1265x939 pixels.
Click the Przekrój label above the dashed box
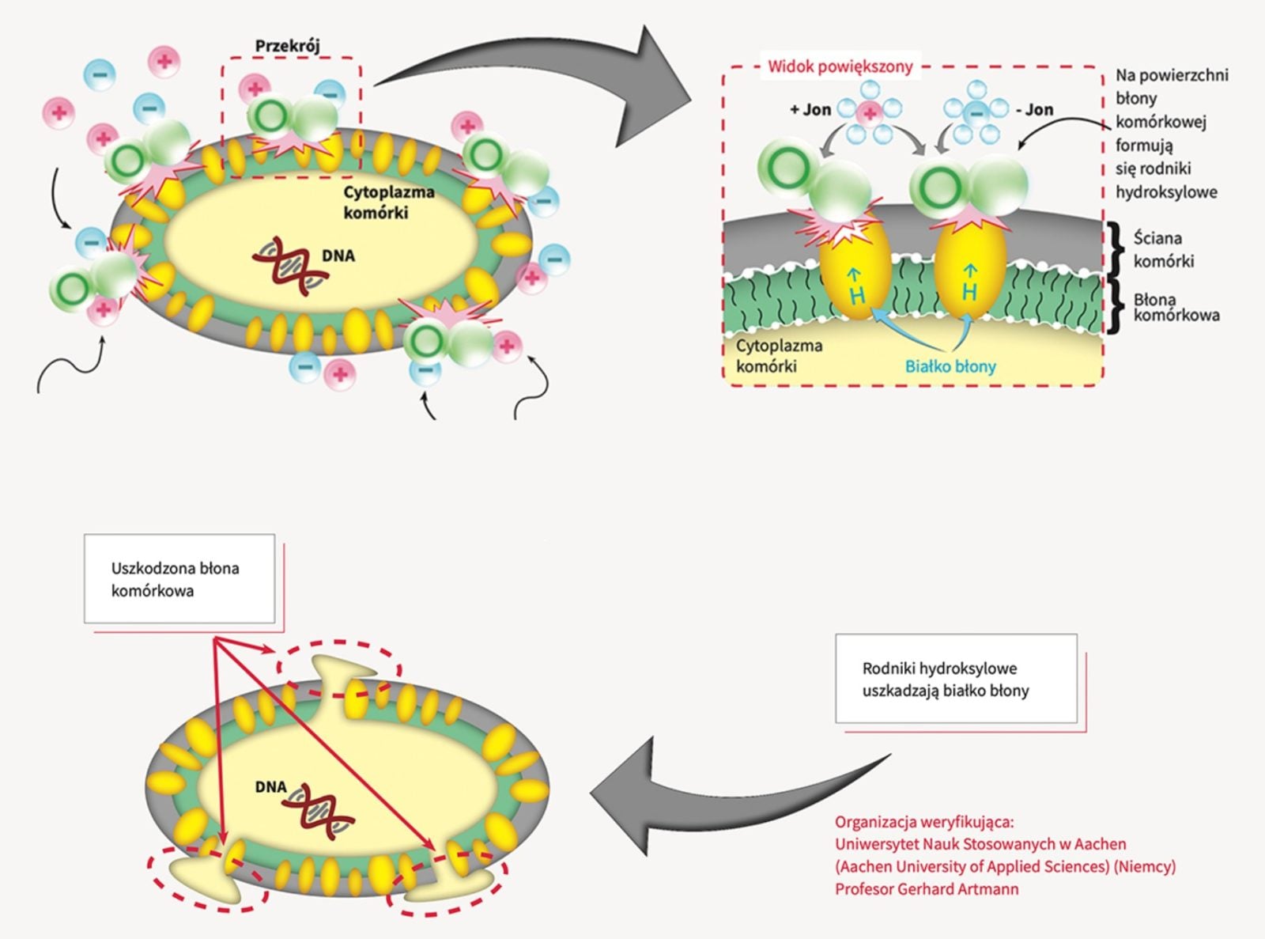coord(287,46)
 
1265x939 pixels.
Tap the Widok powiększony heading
coord(840,66)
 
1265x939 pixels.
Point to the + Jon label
coord(810,110)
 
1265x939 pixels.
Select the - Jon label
coord(1035,110)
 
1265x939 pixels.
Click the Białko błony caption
coord(950,366)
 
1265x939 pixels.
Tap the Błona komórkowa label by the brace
coord(1176,308)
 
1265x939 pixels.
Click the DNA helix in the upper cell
coord(289,266)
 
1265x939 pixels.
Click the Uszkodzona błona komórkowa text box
coord(179,579)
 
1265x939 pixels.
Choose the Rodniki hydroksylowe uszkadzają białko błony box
coord(956,679)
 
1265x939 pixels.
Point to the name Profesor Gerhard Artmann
coord(927,888)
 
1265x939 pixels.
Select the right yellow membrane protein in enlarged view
coord(971,269)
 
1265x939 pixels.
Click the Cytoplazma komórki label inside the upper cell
coord(388,203)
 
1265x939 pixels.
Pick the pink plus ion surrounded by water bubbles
coord(870,113)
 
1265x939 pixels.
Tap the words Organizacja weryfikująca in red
coord(923,822)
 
